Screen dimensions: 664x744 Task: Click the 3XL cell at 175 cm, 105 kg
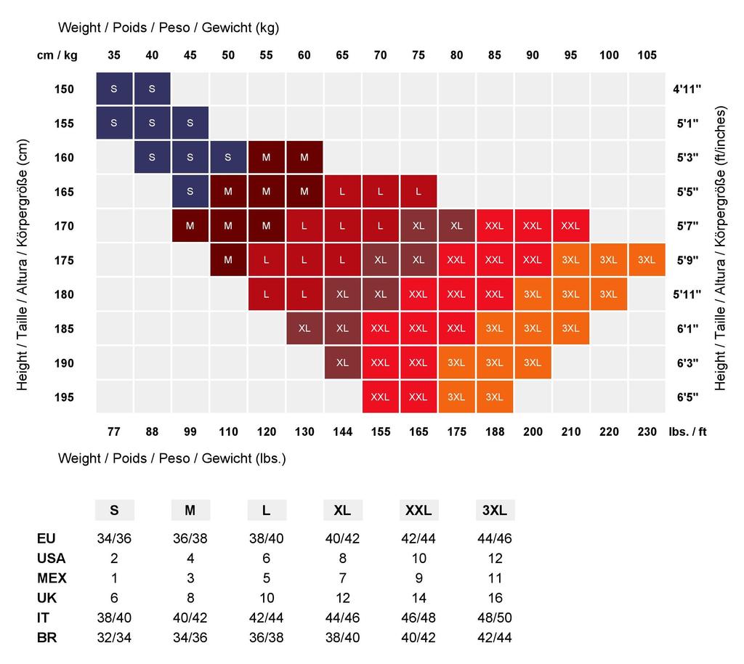pos(647,260)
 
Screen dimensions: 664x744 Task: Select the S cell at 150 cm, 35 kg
pos(114,89)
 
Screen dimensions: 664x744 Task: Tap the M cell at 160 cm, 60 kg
pos(304,158)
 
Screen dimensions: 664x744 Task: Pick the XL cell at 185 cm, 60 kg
pos(304,328)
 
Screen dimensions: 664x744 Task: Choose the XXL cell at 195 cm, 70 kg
pos(380,397)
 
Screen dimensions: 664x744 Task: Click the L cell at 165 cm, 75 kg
pos(418,192)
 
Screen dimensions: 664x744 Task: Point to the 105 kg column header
pos(647,55)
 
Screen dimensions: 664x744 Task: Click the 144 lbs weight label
pos(342,432)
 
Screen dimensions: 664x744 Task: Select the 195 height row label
pos(64,397)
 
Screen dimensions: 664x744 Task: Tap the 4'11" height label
pos(686,90)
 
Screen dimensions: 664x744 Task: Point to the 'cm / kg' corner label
pos(57,55)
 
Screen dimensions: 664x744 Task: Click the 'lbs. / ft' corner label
pos(687,432)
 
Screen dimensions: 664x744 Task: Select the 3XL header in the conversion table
pos(495,511)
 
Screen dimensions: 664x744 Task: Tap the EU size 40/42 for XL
pos(342,539)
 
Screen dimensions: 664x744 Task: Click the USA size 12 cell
pos(495,559)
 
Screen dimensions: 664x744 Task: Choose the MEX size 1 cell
pos(114,578)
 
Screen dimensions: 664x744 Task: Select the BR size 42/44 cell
pos(495,638)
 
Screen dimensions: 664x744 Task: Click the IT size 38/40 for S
pos(114,618)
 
